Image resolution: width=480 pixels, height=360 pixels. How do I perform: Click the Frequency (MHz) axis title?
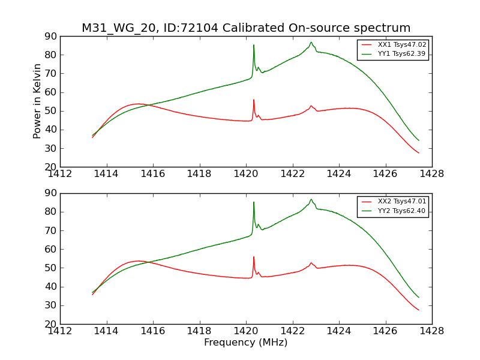click(245, 343)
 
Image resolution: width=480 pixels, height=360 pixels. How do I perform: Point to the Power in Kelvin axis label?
click(37, 101)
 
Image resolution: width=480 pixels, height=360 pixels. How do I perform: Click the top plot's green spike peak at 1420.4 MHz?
click(254, 45)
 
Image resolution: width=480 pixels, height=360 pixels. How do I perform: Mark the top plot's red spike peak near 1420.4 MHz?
click(254, 100)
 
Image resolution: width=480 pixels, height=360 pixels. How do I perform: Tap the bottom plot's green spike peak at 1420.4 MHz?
click(254, 202)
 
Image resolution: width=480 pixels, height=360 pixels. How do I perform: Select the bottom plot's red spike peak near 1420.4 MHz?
click(254, 257)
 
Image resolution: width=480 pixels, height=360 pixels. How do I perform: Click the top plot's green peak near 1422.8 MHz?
click(311, 42)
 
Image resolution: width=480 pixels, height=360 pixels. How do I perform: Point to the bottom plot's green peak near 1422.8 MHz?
click(311, 199)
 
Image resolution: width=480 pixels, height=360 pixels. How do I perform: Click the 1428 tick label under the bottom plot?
click(431, 331)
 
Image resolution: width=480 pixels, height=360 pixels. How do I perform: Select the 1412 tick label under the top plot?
click(61, 174)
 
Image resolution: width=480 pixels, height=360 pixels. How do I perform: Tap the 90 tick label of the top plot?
click(50, 37)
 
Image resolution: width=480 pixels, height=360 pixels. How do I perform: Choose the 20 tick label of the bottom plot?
click(50, 324)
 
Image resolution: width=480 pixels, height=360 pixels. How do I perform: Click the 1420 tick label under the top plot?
click(246, 174)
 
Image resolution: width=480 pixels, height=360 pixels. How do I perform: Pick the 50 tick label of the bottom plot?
click(50, 268)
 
